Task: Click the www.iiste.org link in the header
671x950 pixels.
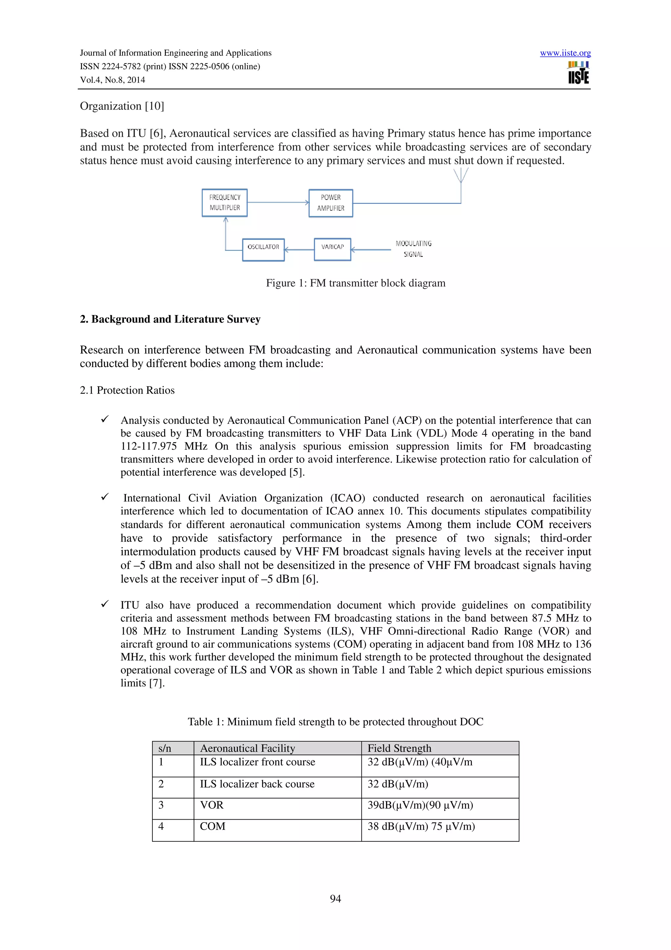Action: (x=565, y=53)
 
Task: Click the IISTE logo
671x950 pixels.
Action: (x=578, y=73)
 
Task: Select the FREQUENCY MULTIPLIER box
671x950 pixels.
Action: (x=224, y=203)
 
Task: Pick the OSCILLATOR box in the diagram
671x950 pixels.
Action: (x=263, y=249)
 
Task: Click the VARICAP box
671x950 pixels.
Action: (x=333, y=249)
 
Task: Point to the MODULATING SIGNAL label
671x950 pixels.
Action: (x=413, y=249)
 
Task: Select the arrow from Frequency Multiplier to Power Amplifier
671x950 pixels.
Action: (x=278, y=202)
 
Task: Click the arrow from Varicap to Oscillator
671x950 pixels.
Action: (x=299, y=249)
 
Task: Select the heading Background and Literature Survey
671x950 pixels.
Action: (x=170, y=319)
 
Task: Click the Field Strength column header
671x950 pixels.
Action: (x=399, y=748)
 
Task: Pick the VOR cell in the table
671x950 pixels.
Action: (x=212, y=805)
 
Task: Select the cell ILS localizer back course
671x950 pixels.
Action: (x=257, y=784)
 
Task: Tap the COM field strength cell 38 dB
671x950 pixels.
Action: (x=421, y=826)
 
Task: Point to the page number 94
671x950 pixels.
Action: (x=335, y=898)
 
